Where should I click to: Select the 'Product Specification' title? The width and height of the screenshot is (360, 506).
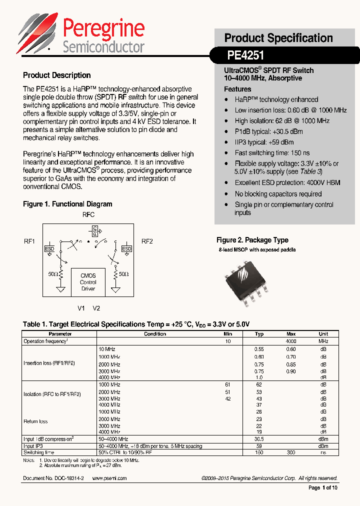278,38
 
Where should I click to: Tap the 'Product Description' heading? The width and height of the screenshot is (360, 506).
57,75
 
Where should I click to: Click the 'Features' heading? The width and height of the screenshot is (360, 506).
237,89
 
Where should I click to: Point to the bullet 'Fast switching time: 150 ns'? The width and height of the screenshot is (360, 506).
272,153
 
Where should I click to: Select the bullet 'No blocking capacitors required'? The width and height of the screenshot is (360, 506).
278,194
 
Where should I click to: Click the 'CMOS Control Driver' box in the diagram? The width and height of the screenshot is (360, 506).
88,282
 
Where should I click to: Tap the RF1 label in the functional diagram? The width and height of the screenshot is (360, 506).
29,241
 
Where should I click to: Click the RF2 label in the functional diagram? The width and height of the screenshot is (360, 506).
147,241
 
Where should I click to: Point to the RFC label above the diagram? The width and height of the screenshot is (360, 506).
88,214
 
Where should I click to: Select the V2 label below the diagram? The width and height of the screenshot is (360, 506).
96,308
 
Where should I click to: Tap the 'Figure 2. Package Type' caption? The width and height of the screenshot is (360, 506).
252,240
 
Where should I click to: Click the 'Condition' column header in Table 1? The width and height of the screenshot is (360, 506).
155,334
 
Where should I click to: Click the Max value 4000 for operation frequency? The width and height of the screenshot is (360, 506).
291,341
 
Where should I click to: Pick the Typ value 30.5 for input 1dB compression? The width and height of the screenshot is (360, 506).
259,439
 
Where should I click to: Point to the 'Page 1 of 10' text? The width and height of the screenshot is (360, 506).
323,488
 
